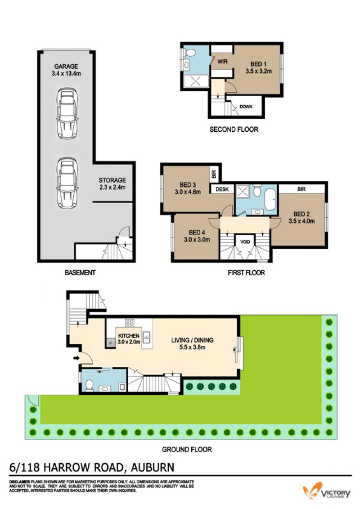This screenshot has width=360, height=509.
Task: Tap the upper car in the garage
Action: tap(67, 114)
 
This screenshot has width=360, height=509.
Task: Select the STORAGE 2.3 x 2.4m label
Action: tap(112, 183)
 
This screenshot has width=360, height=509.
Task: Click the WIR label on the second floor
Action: tap(222, 61)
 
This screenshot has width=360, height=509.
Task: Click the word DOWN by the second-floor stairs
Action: tap(246, 107)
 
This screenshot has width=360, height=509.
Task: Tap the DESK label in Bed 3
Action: tap(222, 189)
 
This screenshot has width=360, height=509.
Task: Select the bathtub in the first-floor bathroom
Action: tap(270, 200)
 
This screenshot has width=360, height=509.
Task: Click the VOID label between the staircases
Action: tap(245, 242)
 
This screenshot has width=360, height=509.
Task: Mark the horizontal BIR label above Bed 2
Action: tap(301, 189)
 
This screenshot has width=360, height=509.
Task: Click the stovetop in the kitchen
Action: tap(130, 323)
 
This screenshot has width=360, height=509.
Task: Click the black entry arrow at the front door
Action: tap(76, 358)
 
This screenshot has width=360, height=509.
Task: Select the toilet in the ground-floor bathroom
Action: tap(89, 385)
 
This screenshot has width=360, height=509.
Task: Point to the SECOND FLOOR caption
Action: tap(234, 129)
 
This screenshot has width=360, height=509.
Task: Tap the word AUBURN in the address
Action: tap(153, 468)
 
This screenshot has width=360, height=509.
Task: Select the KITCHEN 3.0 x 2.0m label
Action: tap(129, 339)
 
